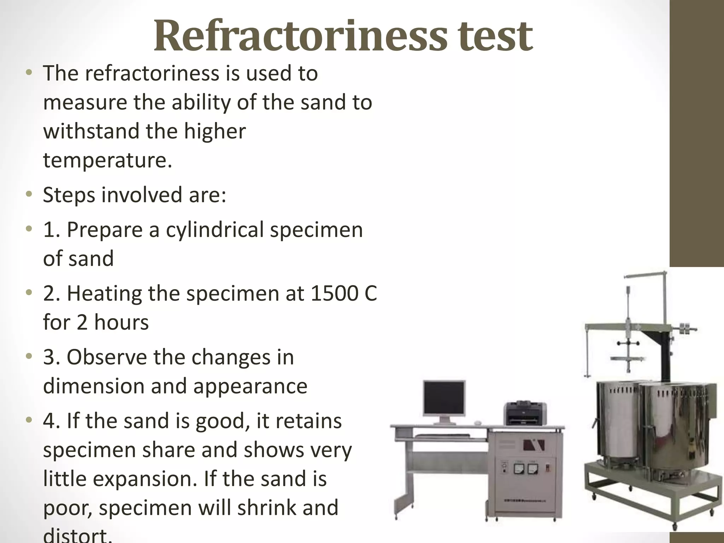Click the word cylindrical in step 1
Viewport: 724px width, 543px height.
(215, 230)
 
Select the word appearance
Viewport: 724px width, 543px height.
(250, 386)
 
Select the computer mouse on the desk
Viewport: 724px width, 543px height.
(478, 423)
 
